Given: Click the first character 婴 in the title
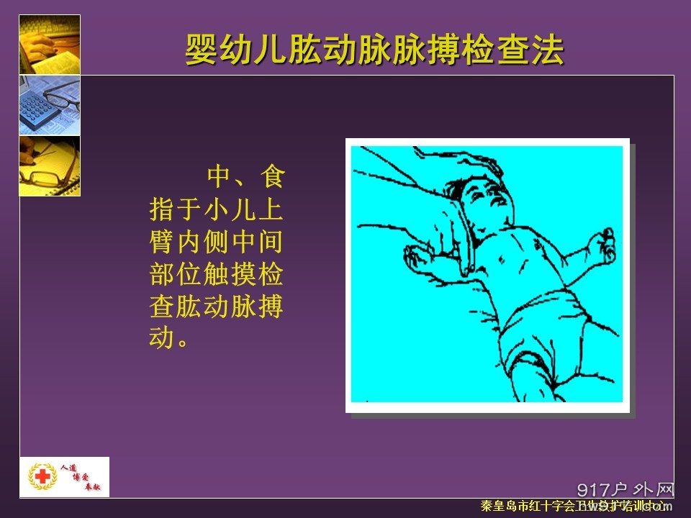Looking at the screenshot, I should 201,51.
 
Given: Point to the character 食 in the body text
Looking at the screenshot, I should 272,176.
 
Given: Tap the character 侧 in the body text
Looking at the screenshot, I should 217,245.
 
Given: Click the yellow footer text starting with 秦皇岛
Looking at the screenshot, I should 572,507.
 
